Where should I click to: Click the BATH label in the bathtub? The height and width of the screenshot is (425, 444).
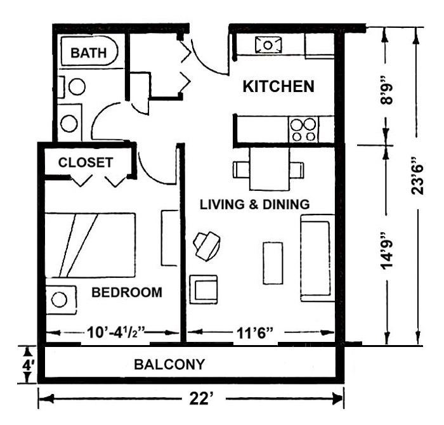[88, 53]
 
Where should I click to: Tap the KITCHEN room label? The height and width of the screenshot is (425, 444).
[278, 86]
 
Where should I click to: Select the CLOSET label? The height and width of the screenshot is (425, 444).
[86, 162]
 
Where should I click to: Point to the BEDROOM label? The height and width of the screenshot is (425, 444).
[127, 292]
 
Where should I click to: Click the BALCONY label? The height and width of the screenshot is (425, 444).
[169, 364]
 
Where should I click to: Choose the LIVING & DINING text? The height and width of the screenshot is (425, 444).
[255, 204]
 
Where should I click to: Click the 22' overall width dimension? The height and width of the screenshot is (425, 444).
[201, 399]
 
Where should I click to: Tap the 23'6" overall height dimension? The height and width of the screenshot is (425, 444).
[417, 176]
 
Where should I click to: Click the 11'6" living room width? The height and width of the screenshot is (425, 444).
[255, 333]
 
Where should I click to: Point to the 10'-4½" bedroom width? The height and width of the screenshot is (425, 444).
[116, 332]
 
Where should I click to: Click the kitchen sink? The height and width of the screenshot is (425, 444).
[268, 45]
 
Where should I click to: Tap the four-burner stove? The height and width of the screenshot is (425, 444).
[304, 129]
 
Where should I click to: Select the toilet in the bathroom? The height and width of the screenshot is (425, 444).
[73, 87]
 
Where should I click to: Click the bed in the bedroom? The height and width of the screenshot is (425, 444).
[90, 245]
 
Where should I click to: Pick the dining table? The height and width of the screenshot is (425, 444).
[270, 169]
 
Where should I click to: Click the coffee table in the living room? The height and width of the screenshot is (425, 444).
[273, 263]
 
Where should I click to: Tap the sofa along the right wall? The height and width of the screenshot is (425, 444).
[317, 258]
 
